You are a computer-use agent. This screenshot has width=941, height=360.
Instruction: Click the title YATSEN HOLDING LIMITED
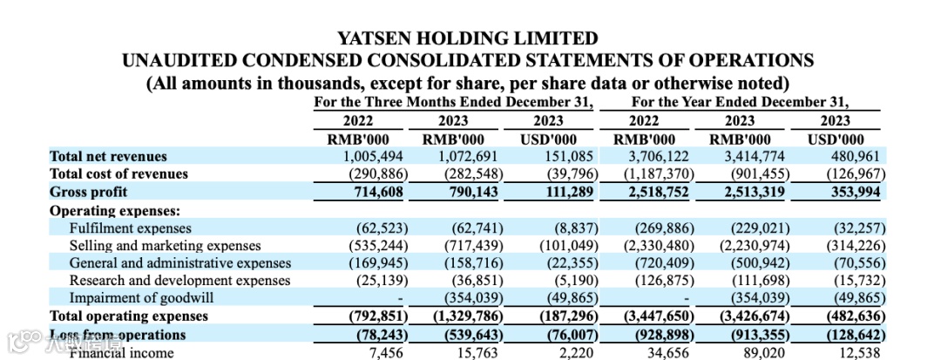coord(468,38)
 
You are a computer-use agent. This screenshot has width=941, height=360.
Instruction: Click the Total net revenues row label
coord(108,156)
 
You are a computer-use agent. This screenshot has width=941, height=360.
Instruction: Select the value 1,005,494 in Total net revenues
coord(373,156)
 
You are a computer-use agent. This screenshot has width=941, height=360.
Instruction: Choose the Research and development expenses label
coord(179,280)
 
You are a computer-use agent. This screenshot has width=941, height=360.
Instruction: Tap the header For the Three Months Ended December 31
coord(453,102)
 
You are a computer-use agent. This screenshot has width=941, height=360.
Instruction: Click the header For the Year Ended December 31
coord(741,102)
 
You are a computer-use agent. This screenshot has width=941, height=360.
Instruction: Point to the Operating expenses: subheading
coord(115,210)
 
